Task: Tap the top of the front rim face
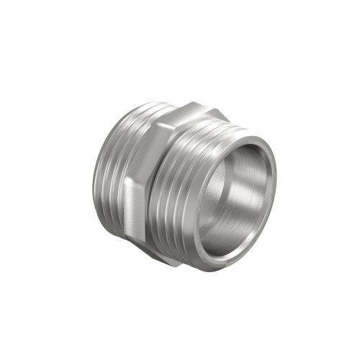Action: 248,139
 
